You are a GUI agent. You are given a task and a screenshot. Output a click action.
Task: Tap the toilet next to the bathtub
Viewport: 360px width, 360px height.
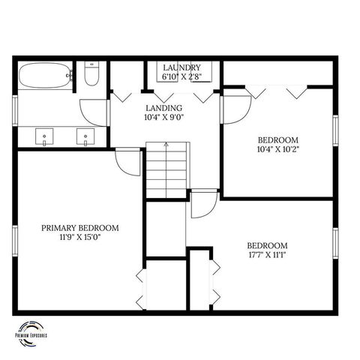91,75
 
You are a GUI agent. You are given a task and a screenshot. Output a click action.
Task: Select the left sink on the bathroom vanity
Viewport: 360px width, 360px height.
46,138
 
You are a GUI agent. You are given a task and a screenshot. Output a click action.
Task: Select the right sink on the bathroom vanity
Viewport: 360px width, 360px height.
86,138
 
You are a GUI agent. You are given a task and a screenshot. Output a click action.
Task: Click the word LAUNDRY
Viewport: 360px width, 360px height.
181,67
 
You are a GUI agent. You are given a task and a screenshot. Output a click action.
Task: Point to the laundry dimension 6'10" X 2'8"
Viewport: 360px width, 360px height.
181,76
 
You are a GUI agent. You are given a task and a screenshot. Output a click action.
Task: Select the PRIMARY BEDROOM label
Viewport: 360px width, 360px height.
79,228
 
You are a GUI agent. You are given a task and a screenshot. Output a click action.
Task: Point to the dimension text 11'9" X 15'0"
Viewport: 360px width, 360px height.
79,238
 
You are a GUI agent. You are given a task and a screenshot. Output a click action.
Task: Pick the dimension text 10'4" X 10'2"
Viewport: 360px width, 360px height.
278,148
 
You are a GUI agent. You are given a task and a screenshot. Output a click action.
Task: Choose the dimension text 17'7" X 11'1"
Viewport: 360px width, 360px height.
268,255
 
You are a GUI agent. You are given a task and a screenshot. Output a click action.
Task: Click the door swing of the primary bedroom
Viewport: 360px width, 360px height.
128,163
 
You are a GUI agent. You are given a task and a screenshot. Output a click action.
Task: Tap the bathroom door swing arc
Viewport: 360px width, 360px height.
94,112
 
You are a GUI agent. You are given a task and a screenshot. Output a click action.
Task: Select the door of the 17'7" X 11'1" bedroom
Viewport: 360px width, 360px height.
203,204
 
